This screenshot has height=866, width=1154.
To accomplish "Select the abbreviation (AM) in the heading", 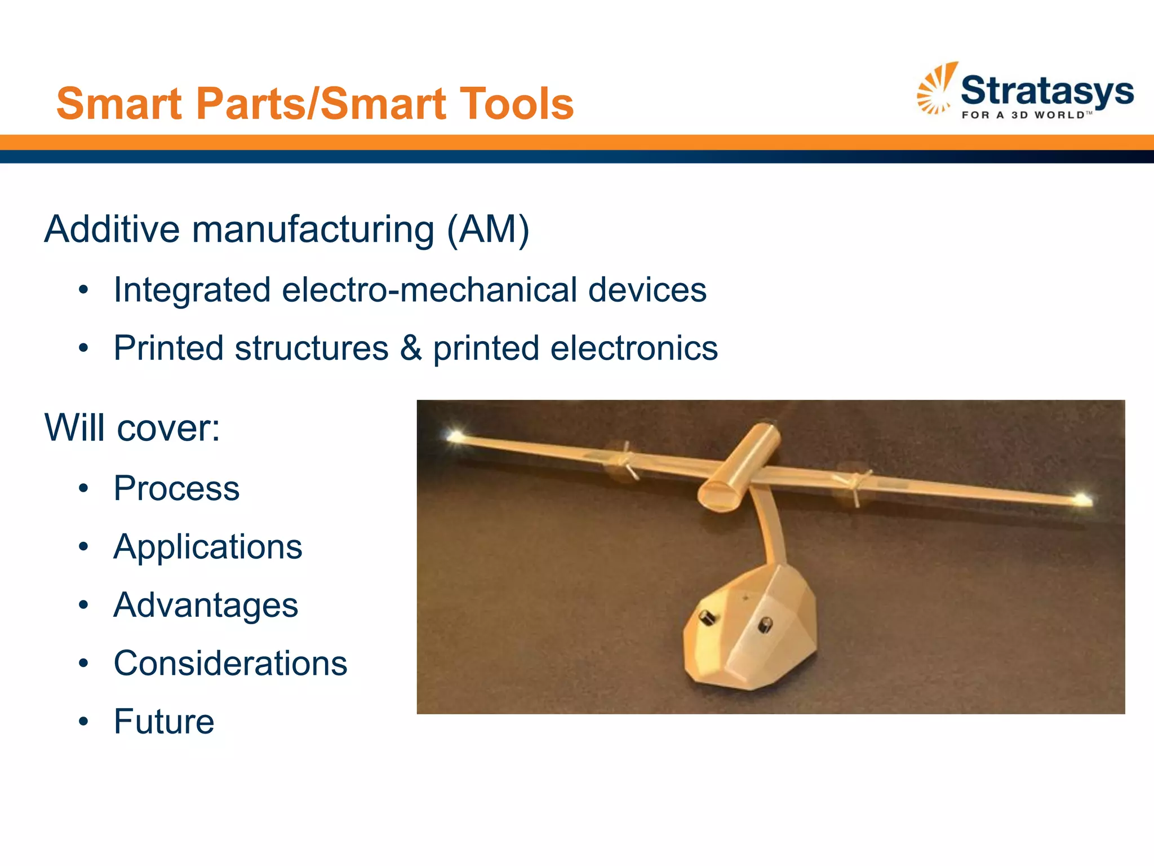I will (488, 229).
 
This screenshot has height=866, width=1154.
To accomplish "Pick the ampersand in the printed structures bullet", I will (411, 348).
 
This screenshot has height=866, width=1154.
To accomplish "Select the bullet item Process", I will (176, 488).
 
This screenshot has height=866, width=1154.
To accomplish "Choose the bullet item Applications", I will (207, 546).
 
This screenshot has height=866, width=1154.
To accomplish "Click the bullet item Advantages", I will (206, 605).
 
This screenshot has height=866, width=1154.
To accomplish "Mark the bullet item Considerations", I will (230, 663).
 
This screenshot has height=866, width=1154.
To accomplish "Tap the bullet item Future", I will (164, 721).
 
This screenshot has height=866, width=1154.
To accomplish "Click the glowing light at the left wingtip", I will (454, 435).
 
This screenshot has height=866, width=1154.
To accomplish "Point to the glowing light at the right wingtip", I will (1082, 498).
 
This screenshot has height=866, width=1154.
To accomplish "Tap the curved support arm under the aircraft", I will (770, 530).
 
